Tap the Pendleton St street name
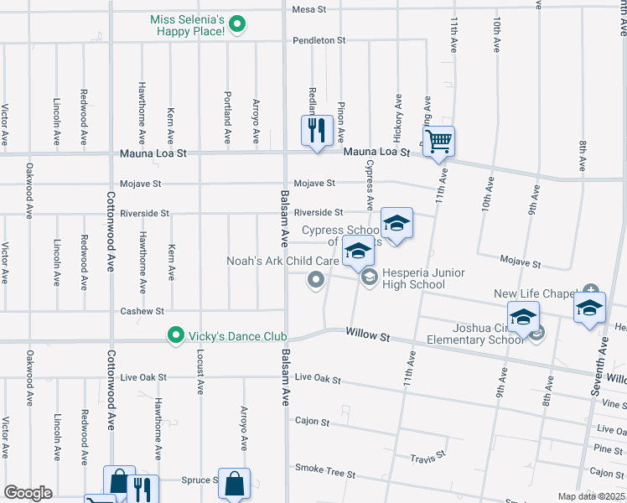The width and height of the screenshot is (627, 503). click(319, 40)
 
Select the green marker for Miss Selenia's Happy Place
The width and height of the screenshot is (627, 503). click(237, 24)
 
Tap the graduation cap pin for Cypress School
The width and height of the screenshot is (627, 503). click(396, 223)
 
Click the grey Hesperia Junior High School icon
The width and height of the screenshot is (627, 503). click(370, 278)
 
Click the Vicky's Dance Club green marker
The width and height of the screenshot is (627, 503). click(175, 336)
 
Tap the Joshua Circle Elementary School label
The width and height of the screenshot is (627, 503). click(475, 334)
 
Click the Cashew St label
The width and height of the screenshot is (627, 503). click(142, 311)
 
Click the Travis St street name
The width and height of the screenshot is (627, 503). click(427, 459)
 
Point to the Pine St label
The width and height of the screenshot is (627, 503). click(608, 450)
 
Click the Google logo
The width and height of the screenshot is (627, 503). click(28, 492)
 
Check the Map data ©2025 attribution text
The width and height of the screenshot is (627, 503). click(591, 496)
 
